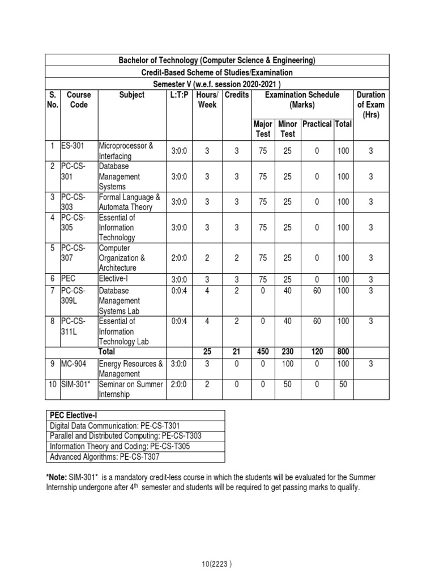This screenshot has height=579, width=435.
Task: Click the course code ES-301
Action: (x=72, y=145)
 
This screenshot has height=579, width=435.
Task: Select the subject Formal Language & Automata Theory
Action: (x=130, y=202)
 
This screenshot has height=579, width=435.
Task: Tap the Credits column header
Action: (x=236, y=95)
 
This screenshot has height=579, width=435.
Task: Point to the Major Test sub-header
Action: (x=263, y=129)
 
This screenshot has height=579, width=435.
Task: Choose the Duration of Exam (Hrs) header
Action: (x=371, y=105)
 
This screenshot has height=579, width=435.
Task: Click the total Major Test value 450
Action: (x=263, y=352)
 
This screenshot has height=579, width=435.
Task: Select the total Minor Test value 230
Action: (x=288, y=352)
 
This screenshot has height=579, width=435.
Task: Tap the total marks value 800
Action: (x=343, y=352)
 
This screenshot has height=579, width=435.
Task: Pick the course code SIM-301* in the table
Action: (x=77, y=384)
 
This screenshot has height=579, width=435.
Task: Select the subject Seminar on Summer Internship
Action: (x=131, y=389)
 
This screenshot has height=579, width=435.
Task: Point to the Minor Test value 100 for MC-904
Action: (x=288, y=364)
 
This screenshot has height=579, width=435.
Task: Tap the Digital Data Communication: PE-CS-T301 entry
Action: (x=117, y=425)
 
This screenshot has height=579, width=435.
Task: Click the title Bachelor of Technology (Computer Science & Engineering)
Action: (x=217, y=61)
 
